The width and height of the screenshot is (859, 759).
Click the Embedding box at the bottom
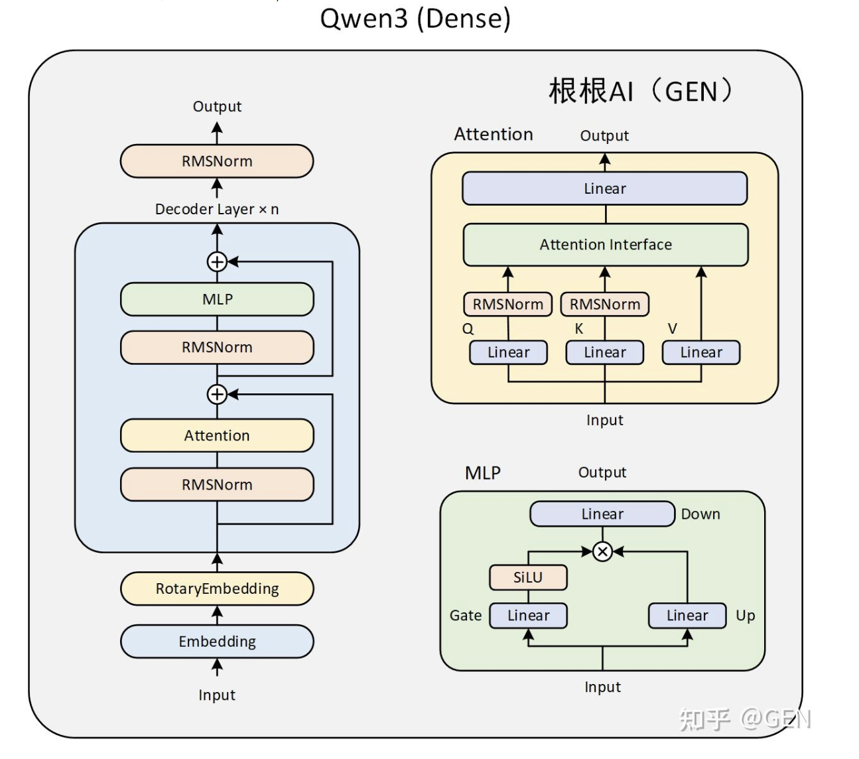click(x=217, y=642)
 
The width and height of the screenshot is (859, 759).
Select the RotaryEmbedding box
click(x=217, y=588)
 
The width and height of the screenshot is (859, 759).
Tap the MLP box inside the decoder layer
click(x=217, y=299)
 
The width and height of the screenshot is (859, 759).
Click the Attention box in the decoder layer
click(x=217, y=436)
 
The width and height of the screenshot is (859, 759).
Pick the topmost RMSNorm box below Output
click(x=217, y=161)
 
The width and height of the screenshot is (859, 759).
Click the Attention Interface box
click(x=605, y=245)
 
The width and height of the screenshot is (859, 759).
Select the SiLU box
click(x=528, y=577)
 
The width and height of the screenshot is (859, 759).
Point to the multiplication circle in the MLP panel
click(x=602, y=551)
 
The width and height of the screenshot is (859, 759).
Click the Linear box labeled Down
click(x=602, y=514)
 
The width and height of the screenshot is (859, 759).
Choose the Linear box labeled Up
click(x=687, y=616)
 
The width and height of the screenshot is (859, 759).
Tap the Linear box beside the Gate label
click(x=528, y=616)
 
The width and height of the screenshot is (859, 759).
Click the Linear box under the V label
click(x=701, y=352)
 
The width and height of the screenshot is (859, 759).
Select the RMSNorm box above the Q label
click(x=507, y=305)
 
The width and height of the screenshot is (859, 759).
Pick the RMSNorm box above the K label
click(x=605, y=305)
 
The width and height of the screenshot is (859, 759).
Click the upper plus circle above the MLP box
click(x=217, y=262)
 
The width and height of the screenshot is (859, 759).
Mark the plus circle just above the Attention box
click(x=217, y=394)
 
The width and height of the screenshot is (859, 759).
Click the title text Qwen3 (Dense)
click(x=415, y=19)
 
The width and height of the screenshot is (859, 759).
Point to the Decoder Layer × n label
click(x=217, y=209)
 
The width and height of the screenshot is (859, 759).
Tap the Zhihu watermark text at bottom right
click(x=744, y=719)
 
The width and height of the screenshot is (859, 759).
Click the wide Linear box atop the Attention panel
click(x=605, y=188)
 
